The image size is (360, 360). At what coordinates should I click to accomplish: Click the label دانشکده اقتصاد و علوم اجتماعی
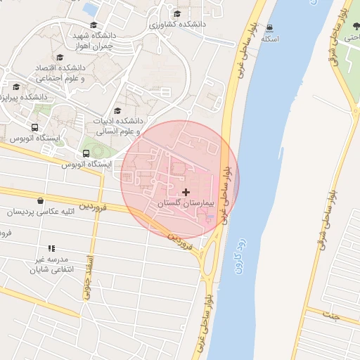(60, 72)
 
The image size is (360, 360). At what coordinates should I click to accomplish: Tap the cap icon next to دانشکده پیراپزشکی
(16, 86)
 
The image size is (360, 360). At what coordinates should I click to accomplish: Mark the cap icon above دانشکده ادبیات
(117, 110)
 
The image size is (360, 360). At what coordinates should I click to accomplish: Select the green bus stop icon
(86, 153)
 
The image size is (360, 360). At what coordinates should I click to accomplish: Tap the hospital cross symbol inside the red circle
(186, 191)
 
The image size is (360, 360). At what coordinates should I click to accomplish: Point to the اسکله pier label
(270, 38)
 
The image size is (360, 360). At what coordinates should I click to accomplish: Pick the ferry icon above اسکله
(270, 27)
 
